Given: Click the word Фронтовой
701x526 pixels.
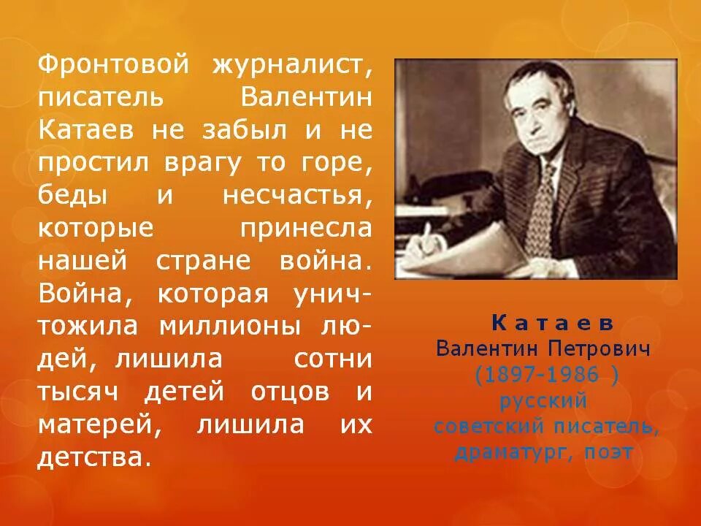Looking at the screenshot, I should tap(110, 65).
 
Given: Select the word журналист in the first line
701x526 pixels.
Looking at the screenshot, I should tap(293, 65).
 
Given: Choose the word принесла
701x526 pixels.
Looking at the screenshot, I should tap(305, 229).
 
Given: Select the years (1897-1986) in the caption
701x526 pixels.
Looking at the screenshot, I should tap(547, 376).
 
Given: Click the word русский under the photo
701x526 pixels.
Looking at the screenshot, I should tap(544, 401).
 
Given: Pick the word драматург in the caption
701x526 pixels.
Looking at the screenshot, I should tap(511, 453).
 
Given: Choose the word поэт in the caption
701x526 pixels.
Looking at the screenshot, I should tap(608, 453).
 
